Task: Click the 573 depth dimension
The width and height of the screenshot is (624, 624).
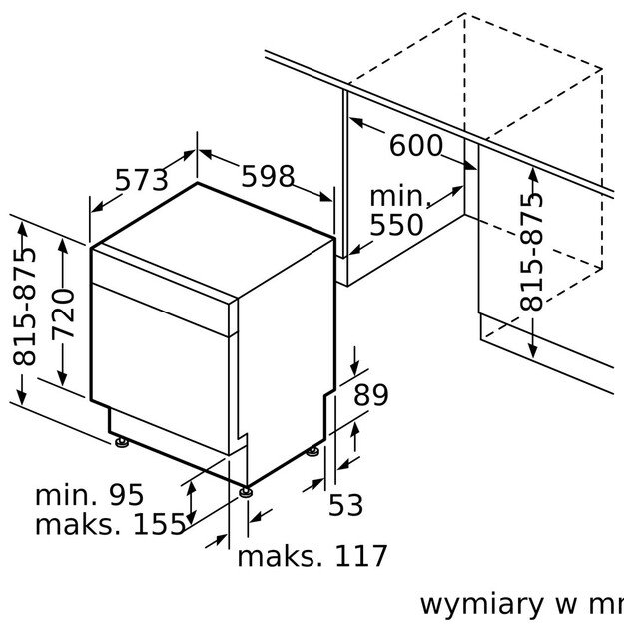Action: click(x=142, y=180)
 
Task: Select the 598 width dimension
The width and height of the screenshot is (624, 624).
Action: click(x=268, y=176)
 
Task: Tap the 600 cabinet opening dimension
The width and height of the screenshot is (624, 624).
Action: click(x=416, y=145)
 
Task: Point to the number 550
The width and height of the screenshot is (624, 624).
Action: click(x=396, y=225)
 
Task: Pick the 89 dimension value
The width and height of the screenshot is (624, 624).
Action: click(x=370, y=395)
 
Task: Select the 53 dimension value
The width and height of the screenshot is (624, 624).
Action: click(x=345, y=505)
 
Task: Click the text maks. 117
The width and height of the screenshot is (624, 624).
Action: click(x=312, y=555)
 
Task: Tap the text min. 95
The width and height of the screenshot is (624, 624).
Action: click(x=89, y=495)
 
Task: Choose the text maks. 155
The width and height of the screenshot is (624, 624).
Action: click(x=110, y=524)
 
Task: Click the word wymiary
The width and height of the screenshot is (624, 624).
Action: click(x=481, y=605)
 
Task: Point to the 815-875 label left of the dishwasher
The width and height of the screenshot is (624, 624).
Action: click(x=24, y=307)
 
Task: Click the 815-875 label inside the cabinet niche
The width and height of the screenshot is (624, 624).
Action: click(x=531, y=252)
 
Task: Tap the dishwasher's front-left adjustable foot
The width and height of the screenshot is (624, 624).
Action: click(x=122, y=442)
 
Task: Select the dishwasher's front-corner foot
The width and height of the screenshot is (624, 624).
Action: click(x=246, y=492)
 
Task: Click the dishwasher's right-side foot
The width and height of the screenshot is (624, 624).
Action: click(x=312, y=451)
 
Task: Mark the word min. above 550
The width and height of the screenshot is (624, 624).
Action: click(x=400, y=196)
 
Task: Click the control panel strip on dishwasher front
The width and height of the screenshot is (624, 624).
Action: click(x=164, y=291)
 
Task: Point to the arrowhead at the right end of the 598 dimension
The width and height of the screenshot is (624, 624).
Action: click(x=325, y=197)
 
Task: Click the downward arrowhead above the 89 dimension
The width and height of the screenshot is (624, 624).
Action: click(x=355, y=367)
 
